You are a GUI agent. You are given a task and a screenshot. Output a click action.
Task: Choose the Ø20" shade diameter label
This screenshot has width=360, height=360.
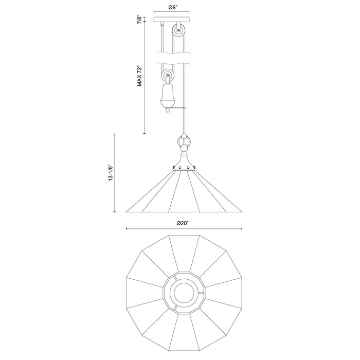tap(184, 223)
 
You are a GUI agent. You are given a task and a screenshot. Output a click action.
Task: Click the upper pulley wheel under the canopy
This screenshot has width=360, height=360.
tap(178, 30)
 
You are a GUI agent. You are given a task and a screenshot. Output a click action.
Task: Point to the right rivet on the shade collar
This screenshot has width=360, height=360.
tap(194, 168)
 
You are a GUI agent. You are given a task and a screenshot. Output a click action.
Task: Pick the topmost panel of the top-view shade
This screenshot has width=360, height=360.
tap(184, 252)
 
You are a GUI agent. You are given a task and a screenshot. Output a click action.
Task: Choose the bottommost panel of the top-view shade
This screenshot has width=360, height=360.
tap(184, 334)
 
